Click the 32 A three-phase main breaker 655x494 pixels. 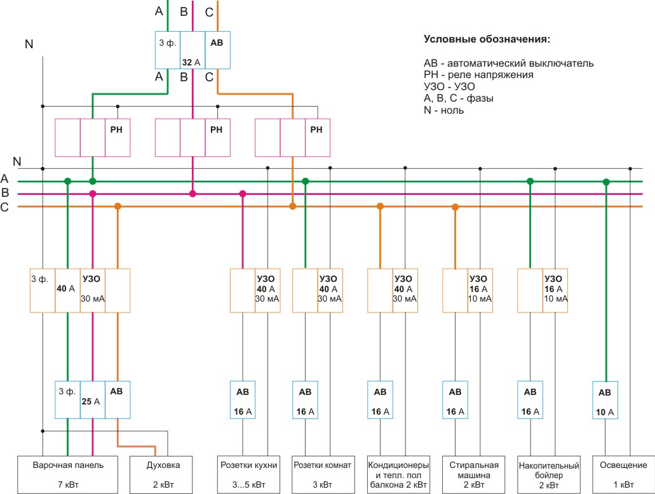pyautogui.click(x=192, y=50)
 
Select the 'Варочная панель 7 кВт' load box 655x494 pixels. pyautogui.click(x=68, y=475)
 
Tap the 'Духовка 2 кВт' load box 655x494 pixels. pyautogui.click(x=161, y=475)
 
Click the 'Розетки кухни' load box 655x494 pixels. pyautogui.click(x=249, y=475)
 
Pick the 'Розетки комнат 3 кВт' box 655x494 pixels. pyautogui.click(x=323, y=475)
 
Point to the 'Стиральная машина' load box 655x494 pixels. pyautogui.click(x=474, y=475)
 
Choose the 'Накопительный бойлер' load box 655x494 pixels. pyautogui.click(x=549, y=475)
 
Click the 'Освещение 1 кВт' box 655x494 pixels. pyautogui.click(x=624, y=475)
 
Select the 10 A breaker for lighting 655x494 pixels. pyautogui.click(x=605, y=399)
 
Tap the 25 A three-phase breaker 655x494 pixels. pyautogui.click(x=93, y=399)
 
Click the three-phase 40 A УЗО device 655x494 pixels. pyautogui.click(x=80, y=291)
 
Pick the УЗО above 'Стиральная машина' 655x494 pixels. pyautogui.click(x=468, y=291)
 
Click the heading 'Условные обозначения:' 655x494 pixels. pyautogui.click(x=487, y=39)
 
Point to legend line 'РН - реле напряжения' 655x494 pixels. pyautogui.click(x=478, y=75)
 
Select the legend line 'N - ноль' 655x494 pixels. pyautogui.click(x=443, y=110)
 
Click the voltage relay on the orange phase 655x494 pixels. pyautogui.click(x=292, y=138)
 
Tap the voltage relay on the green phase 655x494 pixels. pyautogui.click(x=93, y=138)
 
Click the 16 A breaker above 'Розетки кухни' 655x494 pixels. pyautogui.click(x=243, y=399)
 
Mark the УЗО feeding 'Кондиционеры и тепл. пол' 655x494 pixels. pyautogui.click(x=393, y=291)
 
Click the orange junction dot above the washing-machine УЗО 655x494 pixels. pyautogui.click(x=456, y=207)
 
